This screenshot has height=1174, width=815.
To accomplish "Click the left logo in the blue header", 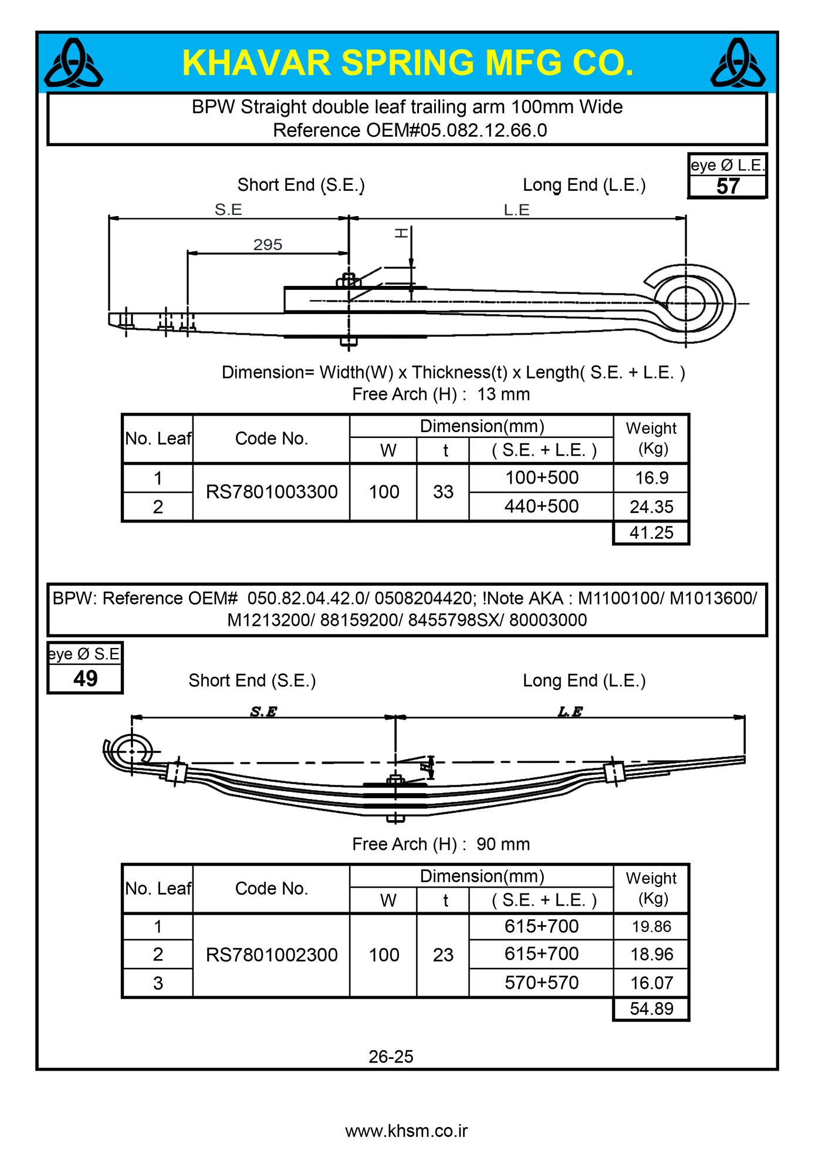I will click(73, 63).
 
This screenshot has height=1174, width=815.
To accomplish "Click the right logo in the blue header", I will click(738, 63).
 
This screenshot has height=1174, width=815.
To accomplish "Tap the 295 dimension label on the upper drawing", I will click(268, 244).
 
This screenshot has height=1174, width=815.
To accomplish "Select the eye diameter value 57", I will click(728, 187).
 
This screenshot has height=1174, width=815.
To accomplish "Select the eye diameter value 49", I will click(85, 679).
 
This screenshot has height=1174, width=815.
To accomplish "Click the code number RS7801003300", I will click(272, 492).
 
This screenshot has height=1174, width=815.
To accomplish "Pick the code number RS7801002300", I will click(272, 955).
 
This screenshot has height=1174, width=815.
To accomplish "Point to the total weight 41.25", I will click(651, 533).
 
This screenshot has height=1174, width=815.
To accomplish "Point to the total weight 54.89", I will click(651, 1009).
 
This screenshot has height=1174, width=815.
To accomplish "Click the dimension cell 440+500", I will click(542, 506).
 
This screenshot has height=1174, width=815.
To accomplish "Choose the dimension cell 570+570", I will click(542, 983).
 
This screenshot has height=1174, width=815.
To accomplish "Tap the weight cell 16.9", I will click(651, 478).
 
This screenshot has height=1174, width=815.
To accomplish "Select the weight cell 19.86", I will click(651, 927).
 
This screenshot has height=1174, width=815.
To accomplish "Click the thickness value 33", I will click(443, 492).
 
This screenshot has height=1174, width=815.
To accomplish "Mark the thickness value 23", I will click(443, 955).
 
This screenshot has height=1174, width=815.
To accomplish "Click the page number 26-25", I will click(391, 1057).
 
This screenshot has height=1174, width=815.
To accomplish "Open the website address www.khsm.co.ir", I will click(406, 1131).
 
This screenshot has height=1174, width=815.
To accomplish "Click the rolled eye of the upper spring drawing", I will click(687, 303).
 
